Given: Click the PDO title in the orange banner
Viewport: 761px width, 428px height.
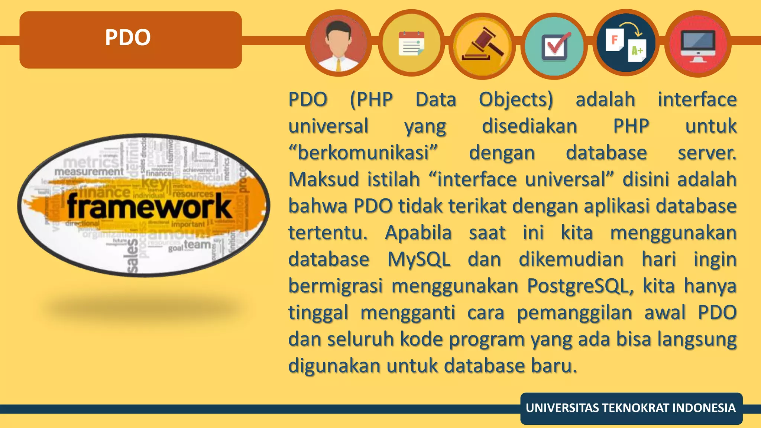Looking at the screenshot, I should [x=128, y=38].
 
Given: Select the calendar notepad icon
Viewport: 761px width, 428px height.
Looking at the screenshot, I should [x=411, y=43].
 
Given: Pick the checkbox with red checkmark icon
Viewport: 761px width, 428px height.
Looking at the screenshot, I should [x=554, y=46].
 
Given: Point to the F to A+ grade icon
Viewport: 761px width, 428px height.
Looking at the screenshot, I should [x=626, y=43].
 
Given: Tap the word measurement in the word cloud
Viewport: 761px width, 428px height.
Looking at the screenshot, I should [x=89, y=172].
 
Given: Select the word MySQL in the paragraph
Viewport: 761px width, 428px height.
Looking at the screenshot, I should [x=419, y=259].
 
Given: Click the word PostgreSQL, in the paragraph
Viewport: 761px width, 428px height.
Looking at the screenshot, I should [x=580, y=286].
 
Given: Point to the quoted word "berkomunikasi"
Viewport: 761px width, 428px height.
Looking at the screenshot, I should [x=363, y=153].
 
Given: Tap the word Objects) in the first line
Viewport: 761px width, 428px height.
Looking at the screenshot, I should [x=516, y=100].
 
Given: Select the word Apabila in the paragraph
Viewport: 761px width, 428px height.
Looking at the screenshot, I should [x=418, y=233].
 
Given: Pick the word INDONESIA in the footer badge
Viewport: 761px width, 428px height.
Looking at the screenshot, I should [x=704, y=408].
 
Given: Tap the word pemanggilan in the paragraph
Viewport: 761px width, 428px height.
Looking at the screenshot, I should [x=574, y=313].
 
